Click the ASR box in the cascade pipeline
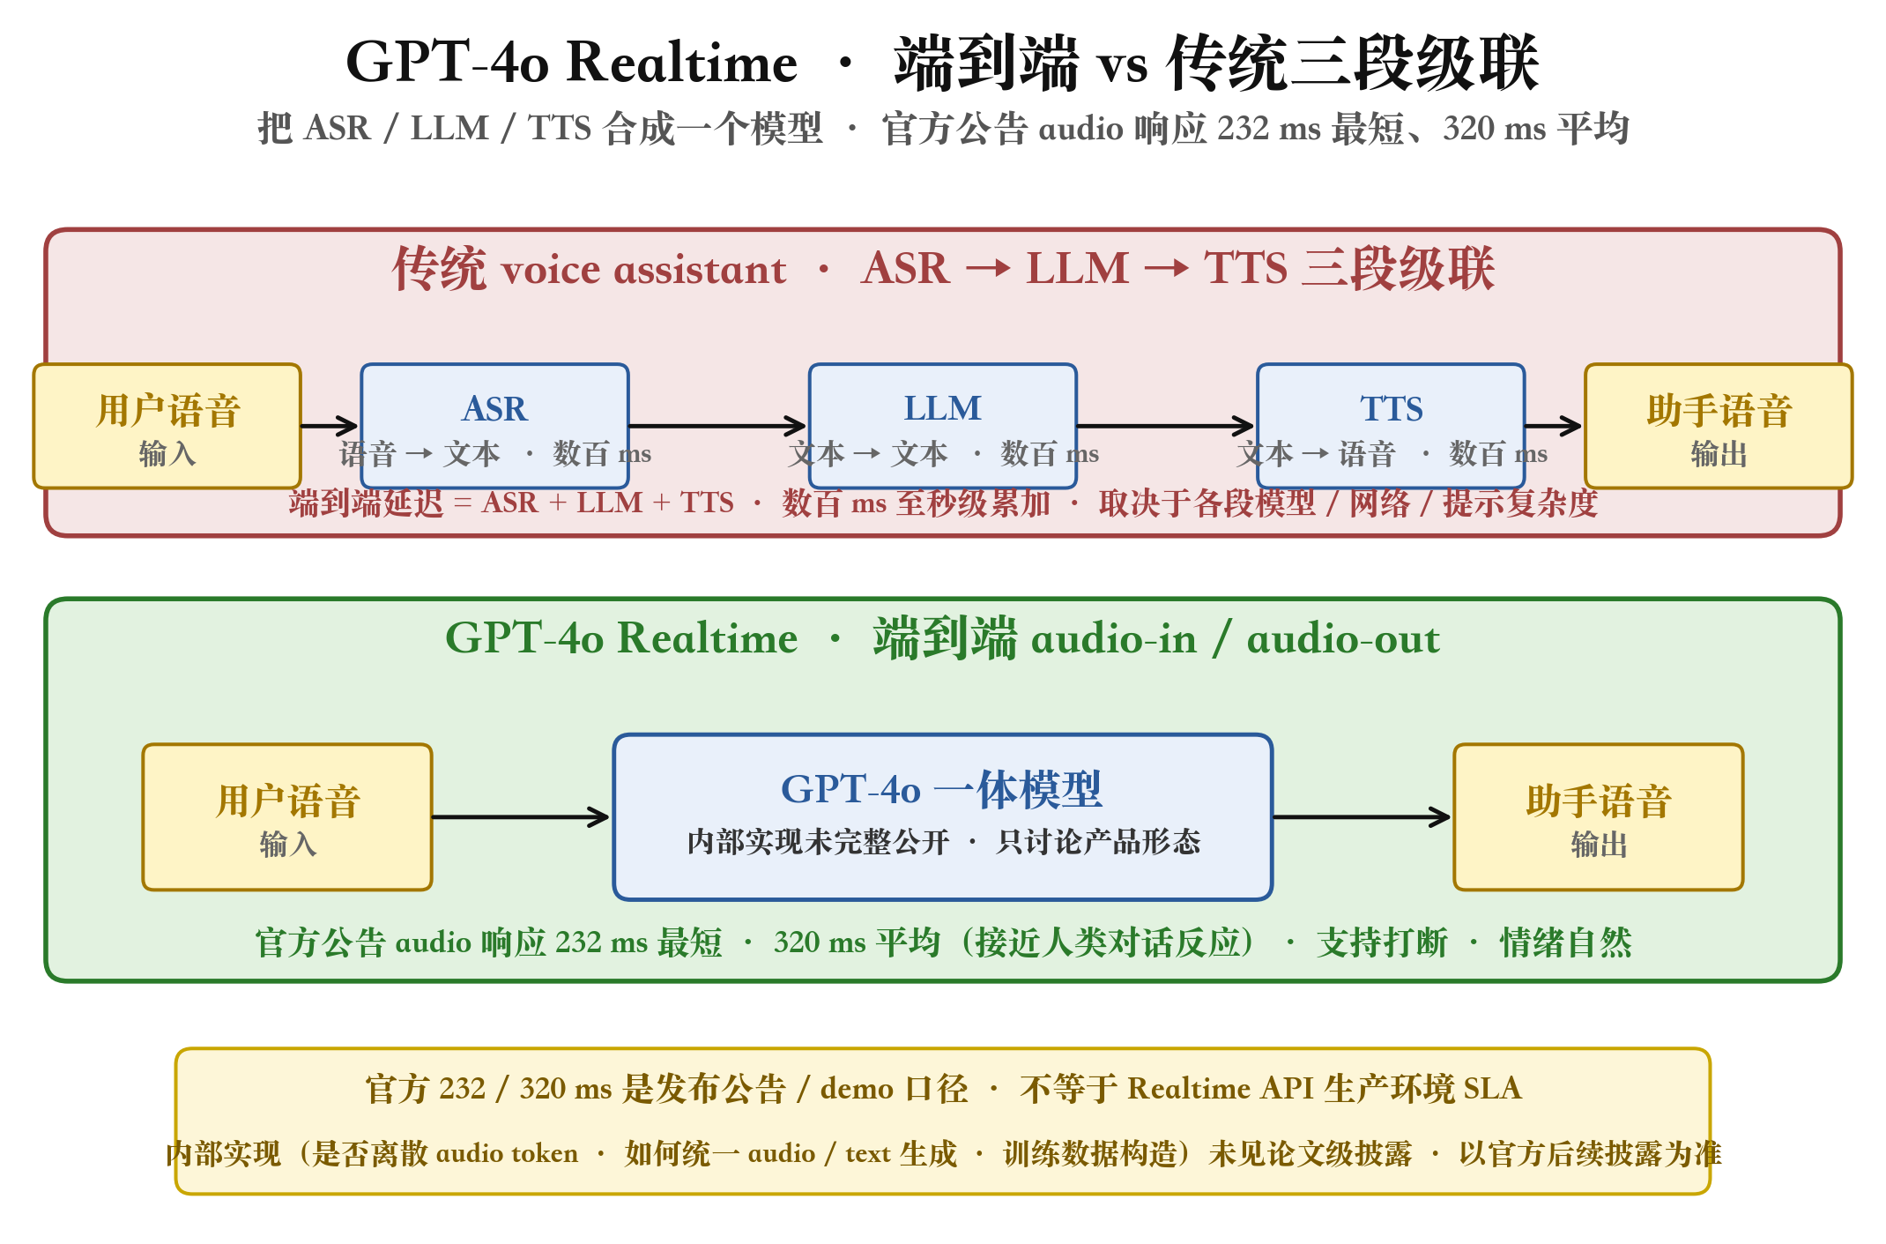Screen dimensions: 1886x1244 click(x=494, y=426)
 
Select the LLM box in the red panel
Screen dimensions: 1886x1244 click(x=943, y=426)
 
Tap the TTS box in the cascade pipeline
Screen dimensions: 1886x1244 click(x=1391, y=426)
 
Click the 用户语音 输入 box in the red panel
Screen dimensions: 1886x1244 click(x=167, y=426)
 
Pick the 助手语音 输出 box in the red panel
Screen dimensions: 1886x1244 click(x=1719, y=426)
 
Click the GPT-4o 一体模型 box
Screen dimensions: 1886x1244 click(x=943, y=817)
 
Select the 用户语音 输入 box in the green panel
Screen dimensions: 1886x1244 click(x=287, y=817)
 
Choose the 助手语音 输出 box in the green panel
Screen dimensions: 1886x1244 click(x=1599, y=817)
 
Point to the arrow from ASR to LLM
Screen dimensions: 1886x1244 click(x=718, y=426)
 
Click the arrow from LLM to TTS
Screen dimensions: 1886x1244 click(x=1166, y=426)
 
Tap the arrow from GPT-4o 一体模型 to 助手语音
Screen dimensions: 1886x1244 click(x=1363, y=817)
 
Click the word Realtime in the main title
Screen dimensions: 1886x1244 click(x=682, y=63)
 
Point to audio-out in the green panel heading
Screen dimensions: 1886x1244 click(x=1343, y=638)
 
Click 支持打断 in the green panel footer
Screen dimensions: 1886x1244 click(x=1382, y=942)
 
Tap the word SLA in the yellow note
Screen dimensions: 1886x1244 click(x=1493, y=1088)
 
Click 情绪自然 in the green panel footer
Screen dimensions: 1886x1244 click(x=1566, y=942)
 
